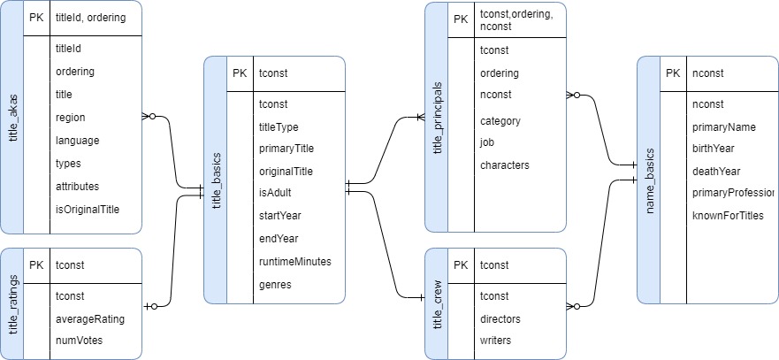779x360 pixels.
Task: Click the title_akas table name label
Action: (x=12, y=118)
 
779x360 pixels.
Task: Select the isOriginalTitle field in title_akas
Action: (x=88, y=210)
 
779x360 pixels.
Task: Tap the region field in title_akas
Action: (x=71, y=118)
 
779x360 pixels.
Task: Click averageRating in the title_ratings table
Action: (x=90, y=318)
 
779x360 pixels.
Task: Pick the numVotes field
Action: (x=79, y=341)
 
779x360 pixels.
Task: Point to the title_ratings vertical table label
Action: (x=12, y=304)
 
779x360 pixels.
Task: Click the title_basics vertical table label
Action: (x=216, y=180)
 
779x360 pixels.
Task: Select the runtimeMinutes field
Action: (x=295, y=262)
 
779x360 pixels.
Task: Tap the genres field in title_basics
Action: (x=275, y=285)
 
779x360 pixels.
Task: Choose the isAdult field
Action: (x=275, y=193)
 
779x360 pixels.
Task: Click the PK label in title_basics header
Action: (x=240, y=73)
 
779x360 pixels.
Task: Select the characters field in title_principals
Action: (x=505, y=165)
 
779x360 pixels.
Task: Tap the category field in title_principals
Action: (x=500, y=121)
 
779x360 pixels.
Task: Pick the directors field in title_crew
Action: (x=500, y=318)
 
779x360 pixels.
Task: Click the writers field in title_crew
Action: (x=495, y=341)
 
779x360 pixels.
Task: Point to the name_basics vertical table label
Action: (x=649, y=180)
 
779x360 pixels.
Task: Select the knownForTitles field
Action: (x=728, y=216)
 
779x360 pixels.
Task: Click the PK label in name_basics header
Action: (x=673, y=73)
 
